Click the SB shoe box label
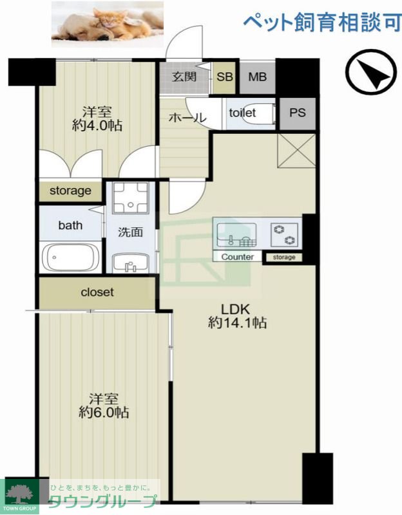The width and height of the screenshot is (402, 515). point(225,77)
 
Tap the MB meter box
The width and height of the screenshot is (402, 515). point(258,77)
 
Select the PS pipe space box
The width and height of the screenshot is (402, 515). point(298,113)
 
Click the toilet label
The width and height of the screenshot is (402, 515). point(242,113)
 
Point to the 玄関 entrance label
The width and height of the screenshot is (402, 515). point(184,77)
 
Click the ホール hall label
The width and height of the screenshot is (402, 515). point(187,117)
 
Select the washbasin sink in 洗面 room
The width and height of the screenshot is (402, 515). point(131,263)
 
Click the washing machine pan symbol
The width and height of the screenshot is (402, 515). point(131,198)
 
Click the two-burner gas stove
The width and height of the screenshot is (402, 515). point(284,235)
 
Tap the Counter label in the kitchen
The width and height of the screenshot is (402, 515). point(237,257)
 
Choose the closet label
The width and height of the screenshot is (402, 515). point(97,292)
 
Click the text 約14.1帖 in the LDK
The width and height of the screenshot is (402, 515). point(237,323)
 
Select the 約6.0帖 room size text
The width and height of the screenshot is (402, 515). point(104,413)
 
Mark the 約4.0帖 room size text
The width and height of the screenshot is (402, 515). point(97,126)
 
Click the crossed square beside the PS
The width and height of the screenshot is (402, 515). point(296,151)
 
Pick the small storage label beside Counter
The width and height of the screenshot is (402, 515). point(284,257)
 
